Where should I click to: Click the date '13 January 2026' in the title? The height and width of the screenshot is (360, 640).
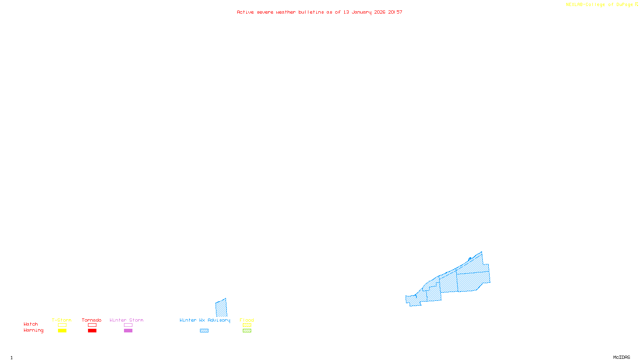click(364, 12)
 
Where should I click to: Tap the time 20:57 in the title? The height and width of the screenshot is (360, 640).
click(395, 12)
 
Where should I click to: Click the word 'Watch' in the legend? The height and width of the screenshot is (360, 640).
click(31, 324)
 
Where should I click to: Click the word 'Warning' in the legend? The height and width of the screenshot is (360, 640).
click(34, 330)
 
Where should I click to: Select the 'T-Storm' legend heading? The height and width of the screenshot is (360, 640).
click(62, 320)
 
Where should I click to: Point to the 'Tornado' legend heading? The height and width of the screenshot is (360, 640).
click(92, 320)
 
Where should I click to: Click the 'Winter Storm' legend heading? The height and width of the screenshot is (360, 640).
click(126, 320)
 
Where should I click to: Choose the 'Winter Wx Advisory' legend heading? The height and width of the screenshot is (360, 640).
click(205, 320)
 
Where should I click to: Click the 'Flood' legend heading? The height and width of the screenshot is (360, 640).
click(247, 320)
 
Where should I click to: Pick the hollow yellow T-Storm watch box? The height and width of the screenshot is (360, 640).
click(62, 325)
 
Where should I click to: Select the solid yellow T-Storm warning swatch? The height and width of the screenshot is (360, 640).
click(62, 331)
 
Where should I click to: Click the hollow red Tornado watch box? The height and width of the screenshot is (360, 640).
click(92, 325)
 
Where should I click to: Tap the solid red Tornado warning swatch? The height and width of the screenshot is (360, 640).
click(92, 331)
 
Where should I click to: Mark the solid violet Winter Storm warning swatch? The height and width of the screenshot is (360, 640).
click(128, 331)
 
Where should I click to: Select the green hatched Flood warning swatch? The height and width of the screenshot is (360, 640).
click(247, 331)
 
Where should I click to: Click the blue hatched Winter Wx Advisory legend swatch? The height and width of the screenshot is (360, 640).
click(204, 331)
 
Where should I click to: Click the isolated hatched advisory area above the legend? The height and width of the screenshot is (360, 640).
click(221, 308)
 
